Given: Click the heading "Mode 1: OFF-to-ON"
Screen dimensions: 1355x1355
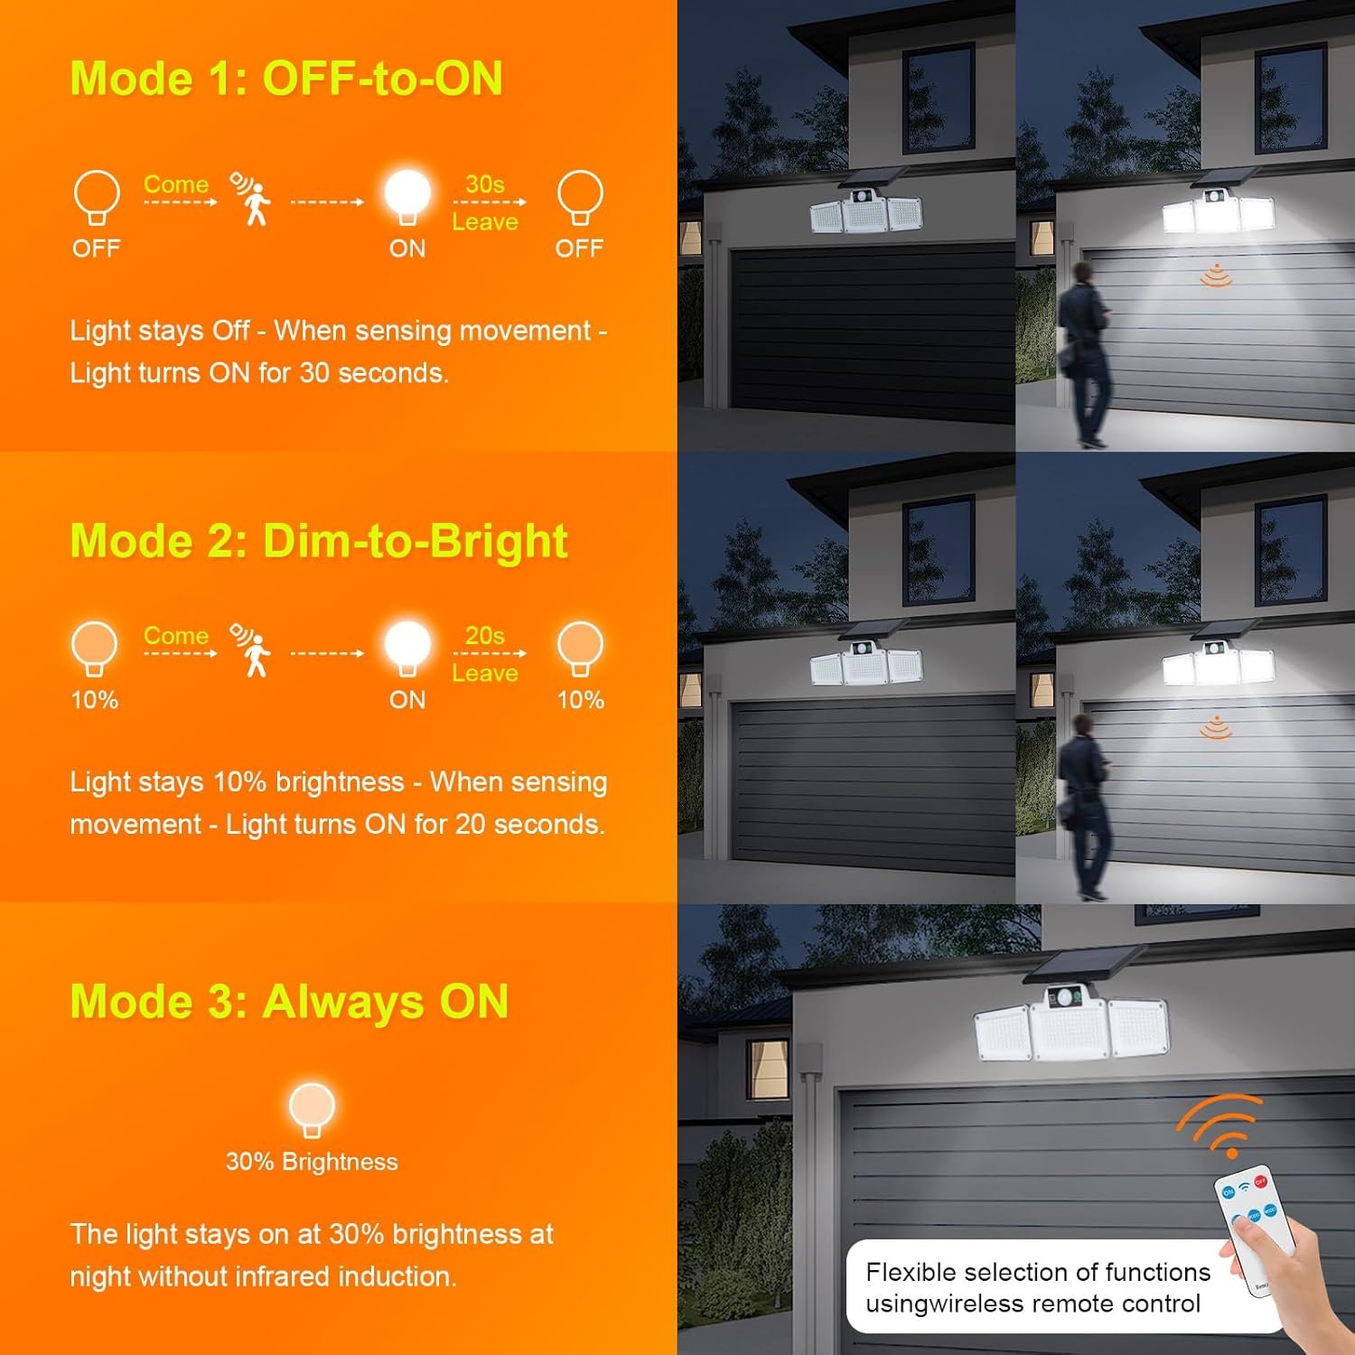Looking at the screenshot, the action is [286, 78].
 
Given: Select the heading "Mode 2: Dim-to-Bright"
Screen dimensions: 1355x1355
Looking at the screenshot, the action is [319, 540].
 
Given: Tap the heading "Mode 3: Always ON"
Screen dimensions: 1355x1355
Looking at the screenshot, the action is [289, 1001].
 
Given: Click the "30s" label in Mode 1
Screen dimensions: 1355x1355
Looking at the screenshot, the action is [485, 183].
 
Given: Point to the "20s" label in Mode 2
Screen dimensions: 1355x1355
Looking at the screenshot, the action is [485, 635].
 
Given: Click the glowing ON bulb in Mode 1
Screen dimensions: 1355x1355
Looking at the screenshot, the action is [407, 196].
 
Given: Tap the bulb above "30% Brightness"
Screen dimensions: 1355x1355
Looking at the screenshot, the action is [312, 1109].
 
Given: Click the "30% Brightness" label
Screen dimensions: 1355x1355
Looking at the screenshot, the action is [312, 1162].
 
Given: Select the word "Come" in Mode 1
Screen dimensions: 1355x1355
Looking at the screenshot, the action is [176, 184].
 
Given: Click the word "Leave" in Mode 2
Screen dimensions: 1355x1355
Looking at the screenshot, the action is [485, 673].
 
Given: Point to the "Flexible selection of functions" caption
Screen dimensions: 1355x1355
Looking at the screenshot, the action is [1038, 1272].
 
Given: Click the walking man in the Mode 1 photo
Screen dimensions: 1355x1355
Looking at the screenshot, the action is [1085, 353].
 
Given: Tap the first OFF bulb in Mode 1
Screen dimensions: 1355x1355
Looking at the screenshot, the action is [97, 196].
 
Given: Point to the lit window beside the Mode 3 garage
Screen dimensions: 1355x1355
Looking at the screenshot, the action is [768, 1069].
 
